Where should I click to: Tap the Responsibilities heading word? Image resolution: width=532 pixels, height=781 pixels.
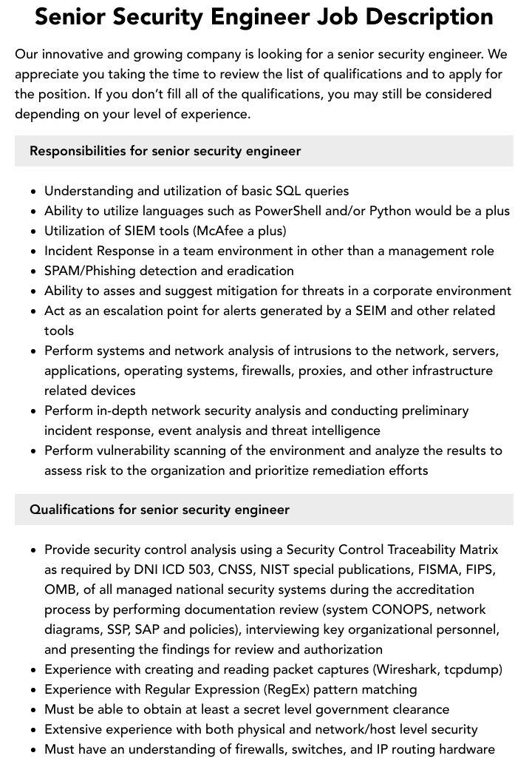tap(78, 151)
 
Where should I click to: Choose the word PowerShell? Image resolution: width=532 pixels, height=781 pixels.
tap(288, 211)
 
